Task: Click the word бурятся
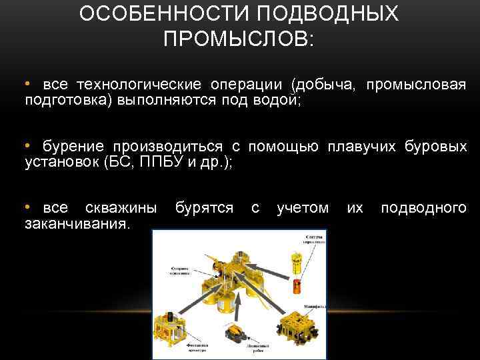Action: pyautogui.click(x=204, y=209)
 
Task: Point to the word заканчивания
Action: pyautogui.click(x=77, y=225)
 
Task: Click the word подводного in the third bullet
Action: pyautogui.click(x=423, y=209)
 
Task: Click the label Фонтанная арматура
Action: pyautogui.click(x=179, y=348)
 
